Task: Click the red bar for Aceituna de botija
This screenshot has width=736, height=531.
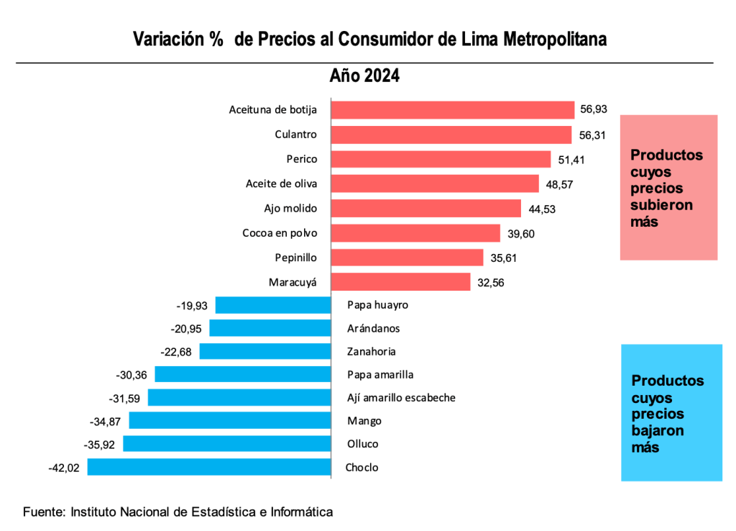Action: click(453, 109)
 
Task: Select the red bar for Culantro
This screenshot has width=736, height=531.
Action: click(451, 135)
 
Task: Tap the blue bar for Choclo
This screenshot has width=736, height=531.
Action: click(208, 468)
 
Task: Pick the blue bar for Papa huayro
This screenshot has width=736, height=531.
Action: click(273, 305)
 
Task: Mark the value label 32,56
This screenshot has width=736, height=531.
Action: click(491, 283)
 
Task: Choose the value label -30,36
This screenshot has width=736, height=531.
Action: click(132, 375)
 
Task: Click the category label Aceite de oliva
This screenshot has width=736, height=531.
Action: click(282, 183)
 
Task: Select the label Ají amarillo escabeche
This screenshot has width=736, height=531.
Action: click(401, 398)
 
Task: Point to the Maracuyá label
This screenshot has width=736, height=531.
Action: click(293, 282)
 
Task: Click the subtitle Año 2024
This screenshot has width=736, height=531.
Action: click(364, 76)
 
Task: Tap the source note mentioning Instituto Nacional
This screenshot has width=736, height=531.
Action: click(178, 512)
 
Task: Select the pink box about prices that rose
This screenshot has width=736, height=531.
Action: click(668, 187)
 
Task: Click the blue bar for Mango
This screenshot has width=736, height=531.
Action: click(229, 421)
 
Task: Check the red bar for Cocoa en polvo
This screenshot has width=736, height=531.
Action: click(415, 233)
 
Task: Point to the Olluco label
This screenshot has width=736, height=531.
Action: click(362, 444)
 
